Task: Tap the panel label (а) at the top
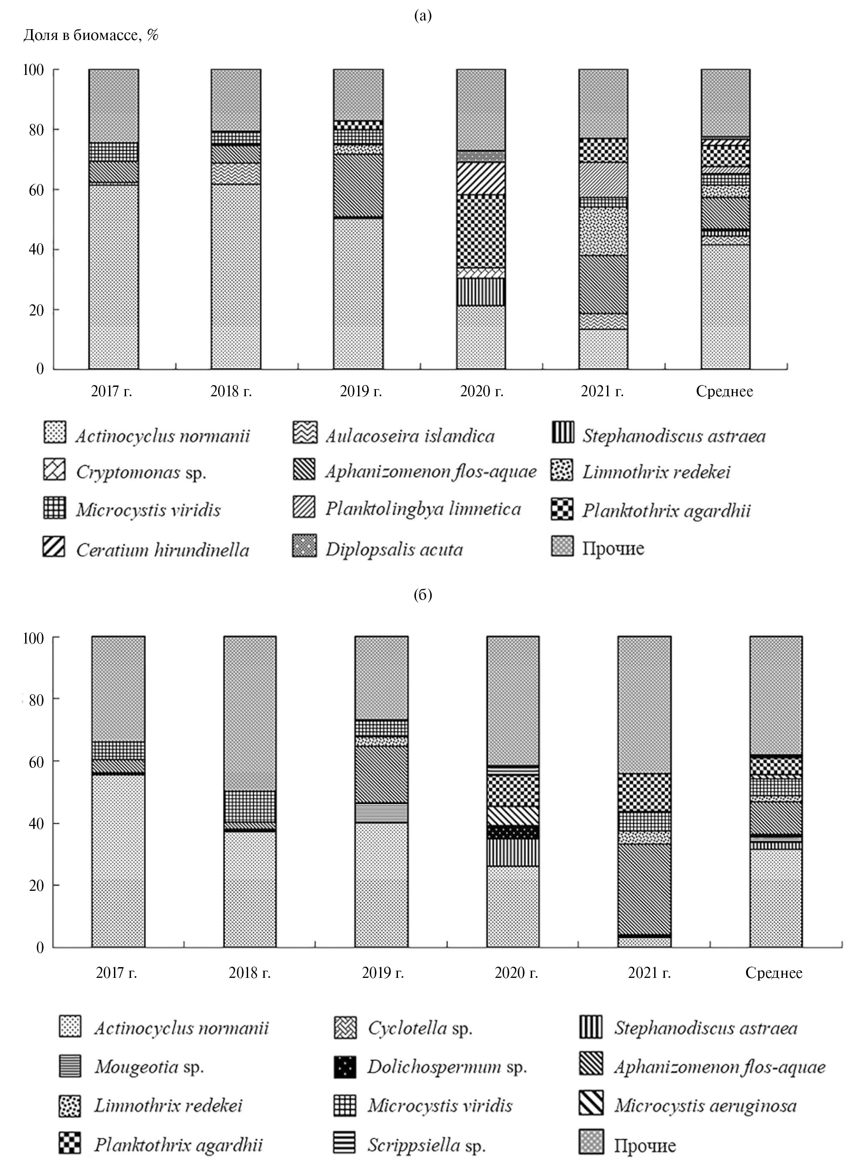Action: tap(423, 16)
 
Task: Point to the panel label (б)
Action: tap(423, 595)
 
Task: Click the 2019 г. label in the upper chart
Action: tap(361, 391)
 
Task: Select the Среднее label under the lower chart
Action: tap(774, 973)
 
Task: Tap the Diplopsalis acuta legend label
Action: tap(394, 549)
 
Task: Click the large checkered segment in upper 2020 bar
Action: tap(481, 231)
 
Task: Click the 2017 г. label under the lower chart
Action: tap(117, 973)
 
